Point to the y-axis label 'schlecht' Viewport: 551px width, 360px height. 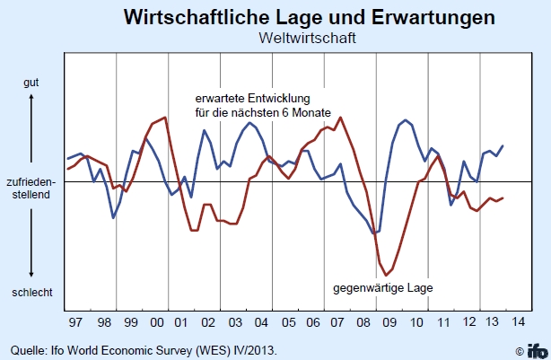tap(31, 293)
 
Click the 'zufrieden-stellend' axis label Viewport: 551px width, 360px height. tap(31, 188)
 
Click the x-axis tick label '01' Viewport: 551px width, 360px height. tap(181, 321)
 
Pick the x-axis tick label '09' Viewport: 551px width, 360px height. tap(390, 321)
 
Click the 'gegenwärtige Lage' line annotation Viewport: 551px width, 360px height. tap(383, 289)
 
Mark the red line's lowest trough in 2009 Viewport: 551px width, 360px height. tap(386, 275)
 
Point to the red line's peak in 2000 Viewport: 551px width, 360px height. tap(165, 118)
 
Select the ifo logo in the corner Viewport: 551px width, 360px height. tap(536, 349)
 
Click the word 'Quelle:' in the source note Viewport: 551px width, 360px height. tap(25, 348)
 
